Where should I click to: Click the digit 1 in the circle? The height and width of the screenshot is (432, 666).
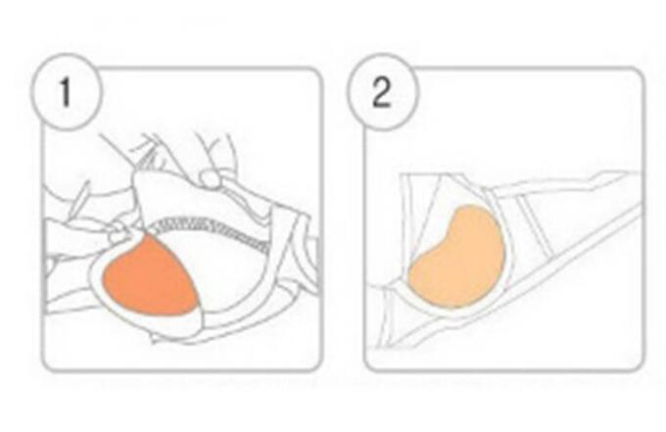click(x=65, y=91)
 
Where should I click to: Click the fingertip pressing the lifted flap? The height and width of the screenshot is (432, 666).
click(x=211, y=178)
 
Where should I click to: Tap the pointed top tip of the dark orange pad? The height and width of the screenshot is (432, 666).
click(x=147, y=234)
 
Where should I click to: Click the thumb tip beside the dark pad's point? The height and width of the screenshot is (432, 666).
click(x=118, y=233)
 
